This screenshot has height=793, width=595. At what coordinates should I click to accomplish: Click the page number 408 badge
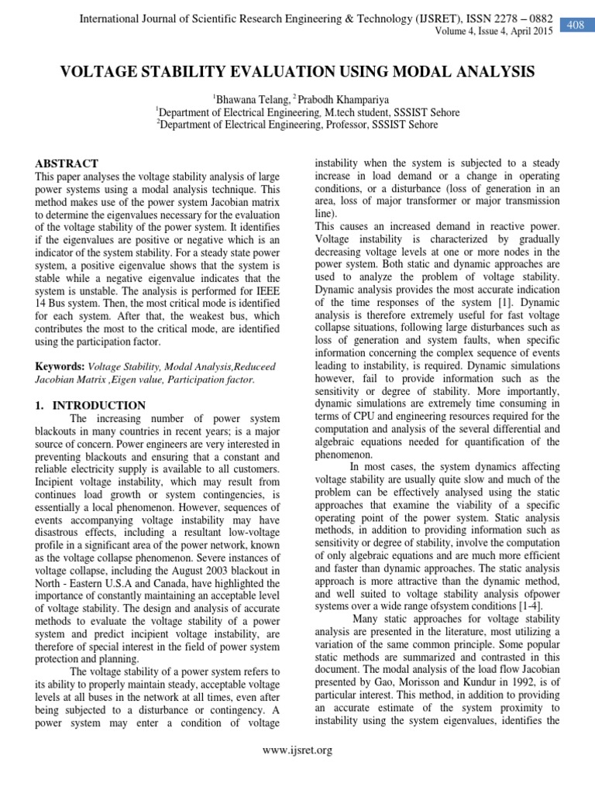pos(576,26)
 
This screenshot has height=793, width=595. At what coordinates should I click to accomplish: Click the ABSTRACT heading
pos(67,163)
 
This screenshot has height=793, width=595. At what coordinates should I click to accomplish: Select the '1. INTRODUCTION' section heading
pos(91,405)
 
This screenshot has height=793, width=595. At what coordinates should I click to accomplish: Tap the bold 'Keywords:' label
pos(60,366)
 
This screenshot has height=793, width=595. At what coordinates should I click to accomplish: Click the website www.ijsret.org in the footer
pos(297,750)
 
